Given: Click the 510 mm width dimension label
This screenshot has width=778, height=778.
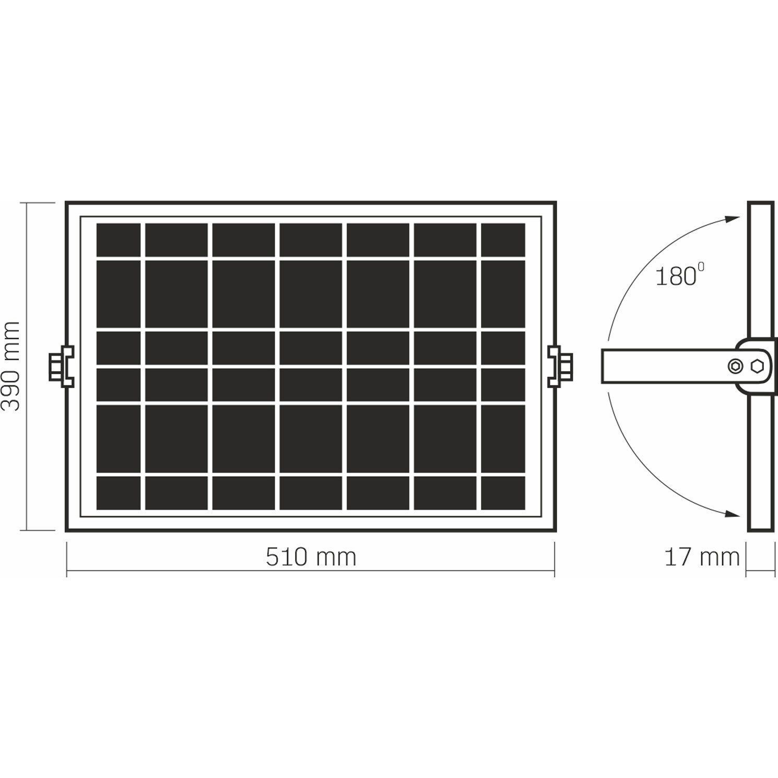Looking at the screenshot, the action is pyautogui.click(x=311, y=557).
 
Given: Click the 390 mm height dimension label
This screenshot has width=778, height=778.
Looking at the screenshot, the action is pyautogui.click(x=10, y=366).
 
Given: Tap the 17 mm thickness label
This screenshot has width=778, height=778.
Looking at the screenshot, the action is pyautogui.click(x=702, y=557).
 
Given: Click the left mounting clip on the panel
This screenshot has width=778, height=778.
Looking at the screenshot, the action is pyautogui.click(x=61, y=366).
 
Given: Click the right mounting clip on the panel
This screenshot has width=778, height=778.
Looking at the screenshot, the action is pyautogui.click(x=560, y=366).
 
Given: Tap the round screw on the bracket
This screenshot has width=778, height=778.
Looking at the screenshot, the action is pyautogui.click(x=736, y=366).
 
